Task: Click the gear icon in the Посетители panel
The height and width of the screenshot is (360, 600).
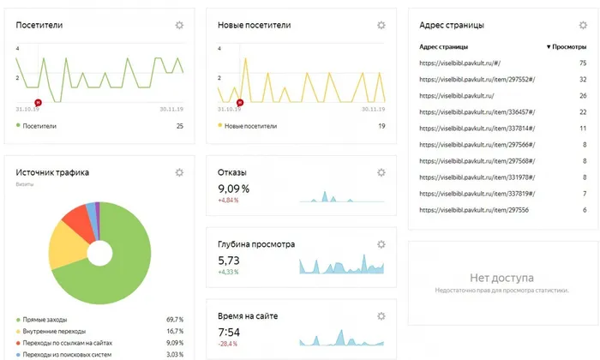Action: pos(179,25)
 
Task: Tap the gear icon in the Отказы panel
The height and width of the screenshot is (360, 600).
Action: pos(381,172)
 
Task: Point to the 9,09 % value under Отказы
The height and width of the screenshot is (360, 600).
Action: pos(233,189)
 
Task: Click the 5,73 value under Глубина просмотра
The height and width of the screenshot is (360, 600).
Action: pos(229,261)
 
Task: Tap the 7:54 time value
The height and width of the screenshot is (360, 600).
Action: pos(229,332)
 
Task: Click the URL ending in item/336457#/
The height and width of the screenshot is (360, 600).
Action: pos(477,112)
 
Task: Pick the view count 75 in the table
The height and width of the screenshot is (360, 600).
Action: pos(583,63)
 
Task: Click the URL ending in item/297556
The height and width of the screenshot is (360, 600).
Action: pos(474,210)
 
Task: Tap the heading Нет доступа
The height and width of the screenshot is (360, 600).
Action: pos(501,278)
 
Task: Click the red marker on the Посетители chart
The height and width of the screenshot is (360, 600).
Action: pos(38,103)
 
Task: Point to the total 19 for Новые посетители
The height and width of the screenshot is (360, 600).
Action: pos(381,126)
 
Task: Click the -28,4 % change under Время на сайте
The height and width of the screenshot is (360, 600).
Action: pos(227,344)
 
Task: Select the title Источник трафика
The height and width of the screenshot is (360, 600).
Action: pos(52,172)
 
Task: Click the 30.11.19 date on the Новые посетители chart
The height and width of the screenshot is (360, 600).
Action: pos(374,110)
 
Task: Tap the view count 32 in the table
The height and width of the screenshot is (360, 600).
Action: pos(583,80)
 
